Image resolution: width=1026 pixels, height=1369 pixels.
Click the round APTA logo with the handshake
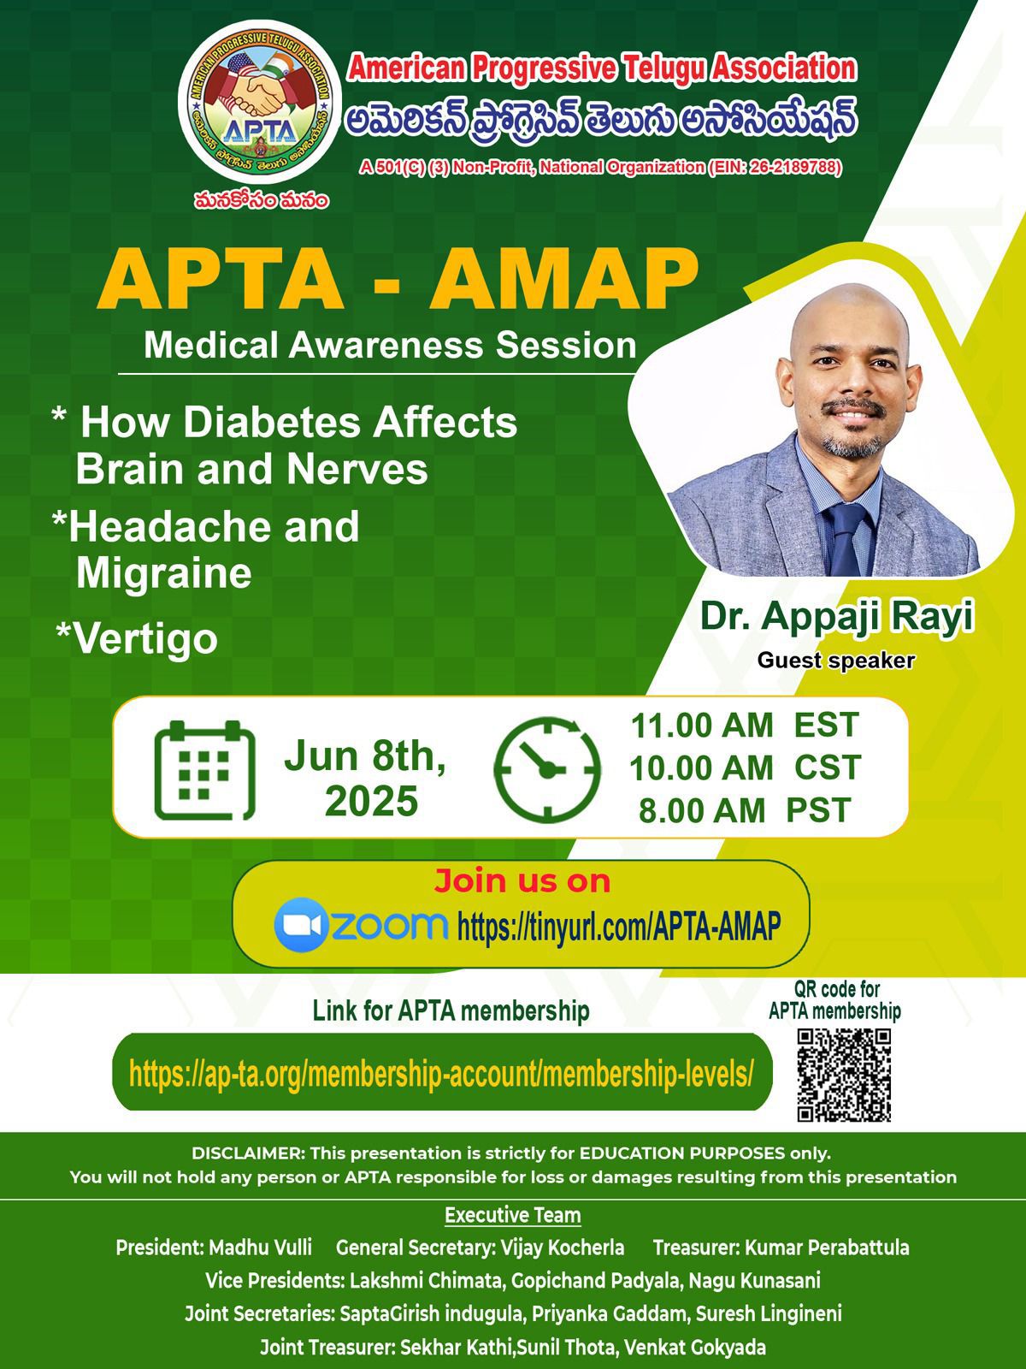[x=260, y=102]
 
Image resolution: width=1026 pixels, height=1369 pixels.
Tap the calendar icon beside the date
[x=204, y=770]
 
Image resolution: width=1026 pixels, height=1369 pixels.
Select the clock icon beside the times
[x=547, y=769]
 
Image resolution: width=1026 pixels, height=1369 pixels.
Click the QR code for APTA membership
[x=844, y=1075]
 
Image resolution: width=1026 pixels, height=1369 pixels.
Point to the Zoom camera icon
[x=301, y=925]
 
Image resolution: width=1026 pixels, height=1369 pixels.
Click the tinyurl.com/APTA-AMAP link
[x=618, y=926]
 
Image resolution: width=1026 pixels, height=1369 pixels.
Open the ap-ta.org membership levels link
[x=441, y=1074]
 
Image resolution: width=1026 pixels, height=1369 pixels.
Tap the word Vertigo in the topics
[x=145, y=639]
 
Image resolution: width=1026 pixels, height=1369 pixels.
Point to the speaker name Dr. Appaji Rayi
[x=837, y=618]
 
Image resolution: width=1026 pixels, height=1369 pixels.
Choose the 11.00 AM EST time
[x=745, y=726]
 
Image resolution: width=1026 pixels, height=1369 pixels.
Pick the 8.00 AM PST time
[x=745, y=810]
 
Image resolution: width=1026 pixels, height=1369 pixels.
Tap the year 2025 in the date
[x=371, y=801]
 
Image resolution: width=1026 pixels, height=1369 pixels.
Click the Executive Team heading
[x=513, y=1215]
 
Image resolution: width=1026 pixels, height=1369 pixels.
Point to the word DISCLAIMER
[x=247, y=1153]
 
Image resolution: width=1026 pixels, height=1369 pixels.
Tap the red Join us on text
[x=522, y=880]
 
